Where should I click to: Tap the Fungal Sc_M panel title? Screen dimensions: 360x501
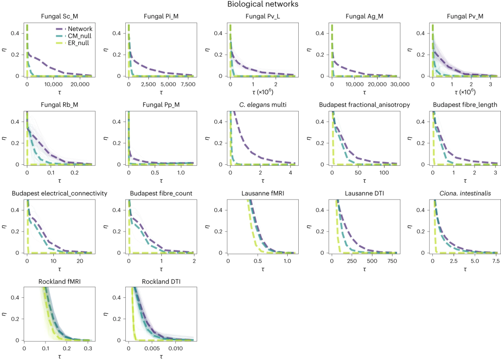[x=59, y=16]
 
